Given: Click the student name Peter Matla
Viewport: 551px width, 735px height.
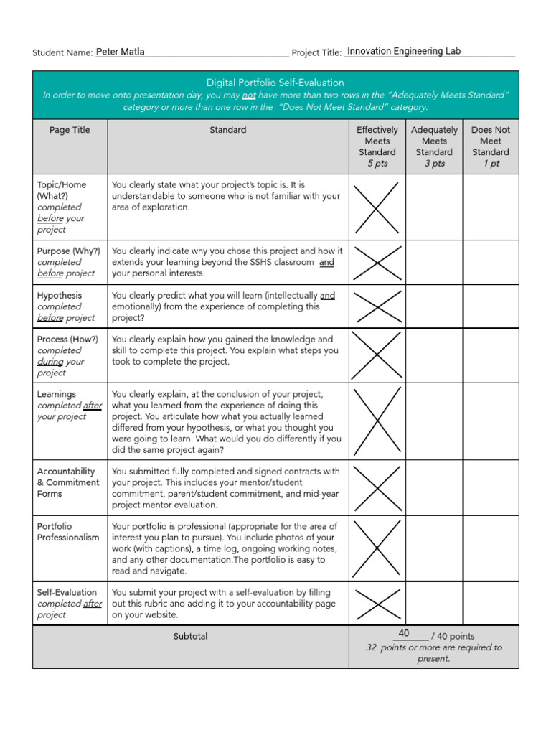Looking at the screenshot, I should (x=120, y=52).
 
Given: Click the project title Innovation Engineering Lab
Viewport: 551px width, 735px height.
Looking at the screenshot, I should (x=403, y=51).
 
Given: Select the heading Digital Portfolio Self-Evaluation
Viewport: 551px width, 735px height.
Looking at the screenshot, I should (x=275, y=83).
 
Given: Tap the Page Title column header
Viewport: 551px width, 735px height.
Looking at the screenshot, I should (x=70, y=130).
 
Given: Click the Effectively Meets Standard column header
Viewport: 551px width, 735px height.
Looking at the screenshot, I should (x=377, y=146).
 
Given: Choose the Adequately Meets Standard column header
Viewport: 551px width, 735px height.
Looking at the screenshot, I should (x=434, y=146).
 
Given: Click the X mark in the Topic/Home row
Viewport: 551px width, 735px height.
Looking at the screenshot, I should (x=377, y=207).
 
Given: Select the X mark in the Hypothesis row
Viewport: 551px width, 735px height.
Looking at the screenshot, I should (x=377, y=306).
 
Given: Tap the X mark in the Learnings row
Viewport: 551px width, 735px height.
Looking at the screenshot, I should (x=377, y=421).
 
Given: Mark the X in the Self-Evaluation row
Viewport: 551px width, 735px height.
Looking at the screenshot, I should (x=377, y=603).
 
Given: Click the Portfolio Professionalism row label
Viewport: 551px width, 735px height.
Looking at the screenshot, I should (x=68, y=532).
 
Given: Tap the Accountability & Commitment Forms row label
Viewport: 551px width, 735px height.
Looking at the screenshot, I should (x=68, y=482).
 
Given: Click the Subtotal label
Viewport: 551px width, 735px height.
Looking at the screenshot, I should (x=190, y=636).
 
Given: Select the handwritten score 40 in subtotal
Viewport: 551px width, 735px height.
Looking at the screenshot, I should (x=404, y=633).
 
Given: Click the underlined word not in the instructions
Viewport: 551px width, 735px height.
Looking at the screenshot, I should (x=249, y=95).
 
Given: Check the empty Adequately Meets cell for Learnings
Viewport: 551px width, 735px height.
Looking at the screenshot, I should (x=434, y=421).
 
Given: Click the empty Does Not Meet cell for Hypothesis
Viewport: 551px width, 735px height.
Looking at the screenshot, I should (x=491, y=306).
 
